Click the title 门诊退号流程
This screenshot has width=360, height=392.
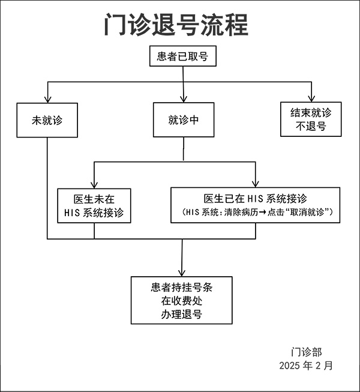(175, 26)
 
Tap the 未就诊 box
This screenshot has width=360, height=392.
(47, 119)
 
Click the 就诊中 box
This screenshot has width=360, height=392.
(183, 119)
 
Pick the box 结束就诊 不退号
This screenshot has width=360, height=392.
(311, 119)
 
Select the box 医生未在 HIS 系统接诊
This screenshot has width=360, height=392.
(94, 206)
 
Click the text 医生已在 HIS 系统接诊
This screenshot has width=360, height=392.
(256, 199)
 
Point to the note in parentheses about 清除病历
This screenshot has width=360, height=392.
(256, 213)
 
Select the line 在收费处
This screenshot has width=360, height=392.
(182, 301)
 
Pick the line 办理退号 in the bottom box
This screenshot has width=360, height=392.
(182, 315)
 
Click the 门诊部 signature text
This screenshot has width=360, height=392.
(306, 352)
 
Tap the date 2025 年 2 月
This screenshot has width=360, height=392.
(306, 365)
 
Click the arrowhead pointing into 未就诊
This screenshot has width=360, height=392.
(47, 100)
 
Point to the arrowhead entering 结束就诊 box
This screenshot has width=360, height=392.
(312, 98)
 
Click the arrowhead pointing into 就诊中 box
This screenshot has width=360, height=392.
(183, 100)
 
